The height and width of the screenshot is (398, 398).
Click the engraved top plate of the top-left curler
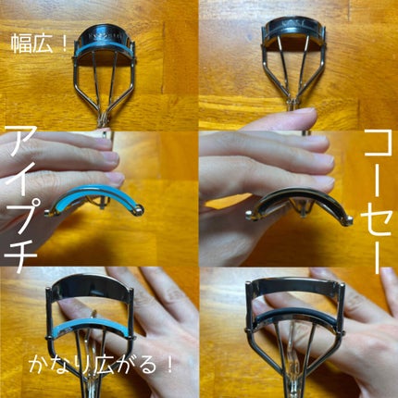point(99,38)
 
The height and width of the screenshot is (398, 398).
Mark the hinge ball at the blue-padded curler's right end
point(139,214)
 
